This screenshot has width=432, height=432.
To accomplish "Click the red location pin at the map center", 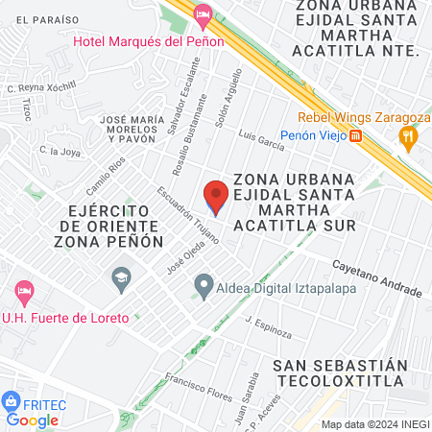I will point(215,197).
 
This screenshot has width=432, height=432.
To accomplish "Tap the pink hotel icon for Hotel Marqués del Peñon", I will point(202,14).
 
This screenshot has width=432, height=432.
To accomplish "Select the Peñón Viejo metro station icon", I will point(356,136).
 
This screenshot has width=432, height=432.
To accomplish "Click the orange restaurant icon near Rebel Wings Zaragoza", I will point(410,137).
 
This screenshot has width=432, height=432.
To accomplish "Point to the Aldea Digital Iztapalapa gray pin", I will point(203,285).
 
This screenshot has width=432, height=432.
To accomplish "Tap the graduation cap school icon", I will point(121,280).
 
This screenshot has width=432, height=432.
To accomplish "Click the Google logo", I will point(32,420).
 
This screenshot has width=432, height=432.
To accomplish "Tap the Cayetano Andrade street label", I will point(376,277).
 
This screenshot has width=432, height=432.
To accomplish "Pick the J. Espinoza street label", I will point(267,326).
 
